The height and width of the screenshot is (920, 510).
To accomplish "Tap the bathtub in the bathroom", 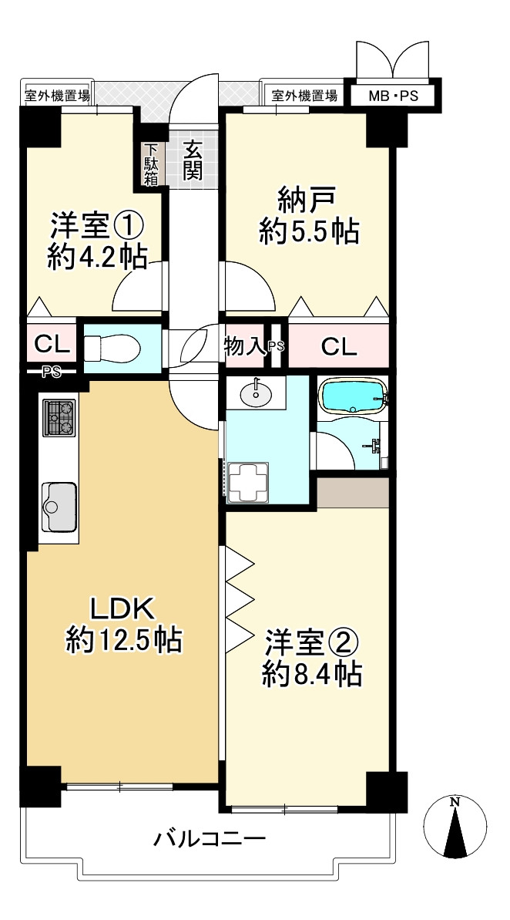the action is (353, 396).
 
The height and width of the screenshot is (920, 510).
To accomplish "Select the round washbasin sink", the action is (257, 393).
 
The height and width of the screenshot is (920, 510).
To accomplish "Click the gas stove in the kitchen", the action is (59, 417).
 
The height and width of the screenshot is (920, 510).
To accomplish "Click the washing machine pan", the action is (248, 482).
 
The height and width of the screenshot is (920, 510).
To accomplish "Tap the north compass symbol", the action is (455, 827).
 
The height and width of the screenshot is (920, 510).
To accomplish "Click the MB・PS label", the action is (393, 96).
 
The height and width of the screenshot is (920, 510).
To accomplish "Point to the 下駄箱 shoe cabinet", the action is (151, 164).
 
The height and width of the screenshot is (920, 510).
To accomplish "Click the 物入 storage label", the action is (245, 347).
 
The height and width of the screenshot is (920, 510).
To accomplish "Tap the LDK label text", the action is (122, 608).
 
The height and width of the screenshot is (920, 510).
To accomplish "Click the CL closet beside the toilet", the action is (52, 345).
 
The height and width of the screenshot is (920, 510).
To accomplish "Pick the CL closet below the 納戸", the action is (339, 347).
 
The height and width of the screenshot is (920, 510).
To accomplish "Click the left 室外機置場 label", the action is (58, 96).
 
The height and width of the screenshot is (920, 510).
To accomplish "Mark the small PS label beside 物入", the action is (276, 347).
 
